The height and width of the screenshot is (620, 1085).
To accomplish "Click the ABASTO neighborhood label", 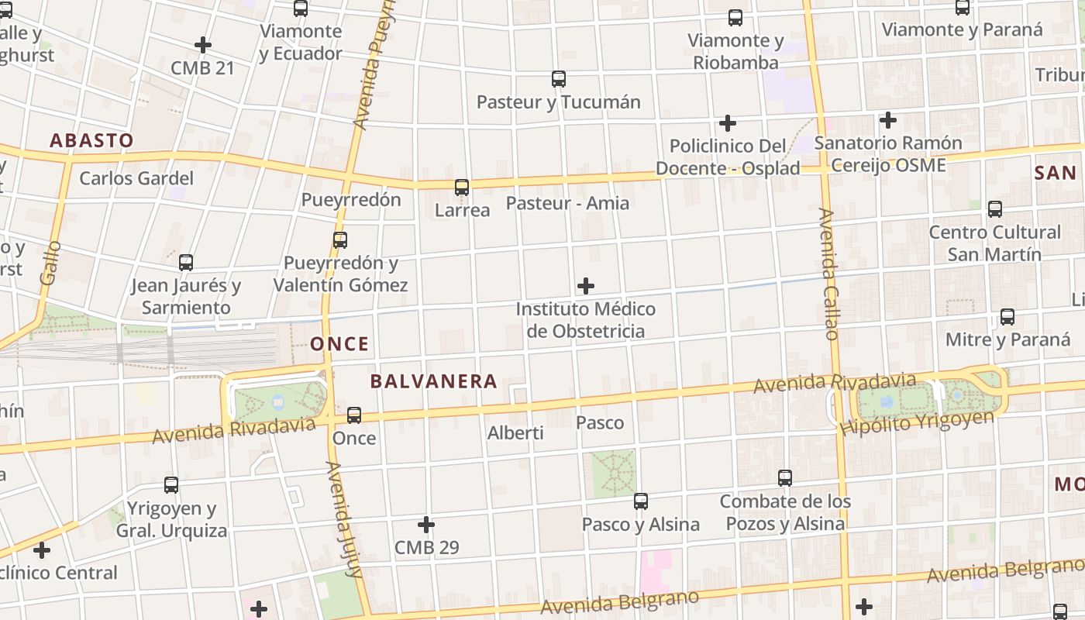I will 91,140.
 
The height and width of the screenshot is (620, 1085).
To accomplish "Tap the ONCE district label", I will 339,343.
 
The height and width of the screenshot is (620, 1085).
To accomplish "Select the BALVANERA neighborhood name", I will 433,381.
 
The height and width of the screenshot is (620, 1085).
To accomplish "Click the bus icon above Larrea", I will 462,187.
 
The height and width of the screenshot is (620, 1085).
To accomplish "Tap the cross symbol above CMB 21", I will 203,45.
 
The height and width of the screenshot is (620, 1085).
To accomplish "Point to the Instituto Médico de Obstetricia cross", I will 586,286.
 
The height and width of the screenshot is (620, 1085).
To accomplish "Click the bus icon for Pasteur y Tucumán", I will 559,78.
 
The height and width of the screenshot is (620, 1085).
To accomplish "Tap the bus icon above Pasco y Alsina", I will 641,501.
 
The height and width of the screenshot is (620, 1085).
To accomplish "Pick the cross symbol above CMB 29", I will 426,525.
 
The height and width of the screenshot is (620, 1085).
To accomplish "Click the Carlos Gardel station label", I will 136,178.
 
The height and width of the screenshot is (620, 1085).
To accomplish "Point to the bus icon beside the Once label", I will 354,415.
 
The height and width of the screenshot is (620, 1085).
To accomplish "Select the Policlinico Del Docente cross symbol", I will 728,123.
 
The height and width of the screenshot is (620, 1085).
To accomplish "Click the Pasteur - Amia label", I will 567,203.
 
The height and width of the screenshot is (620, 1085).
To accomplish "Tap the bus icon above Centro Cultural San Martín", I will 995,208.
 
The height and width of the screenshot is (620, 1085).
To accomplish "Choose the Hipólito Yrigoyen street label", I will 917,422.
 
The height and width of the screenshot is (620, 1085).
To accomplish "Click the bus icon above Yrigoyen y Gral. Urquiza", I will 171,485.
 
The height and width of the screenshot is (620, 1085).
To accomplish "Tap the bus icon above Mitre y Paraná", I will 1007,316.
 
